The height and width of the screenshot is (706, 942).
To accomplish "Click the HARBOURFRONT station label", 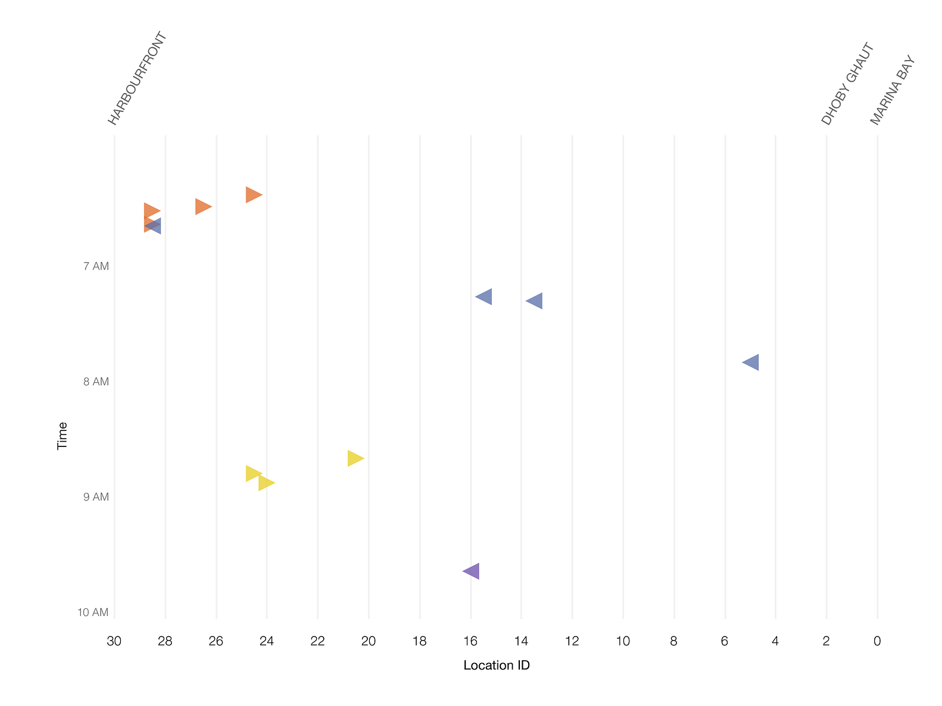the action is click(x=137, y=78).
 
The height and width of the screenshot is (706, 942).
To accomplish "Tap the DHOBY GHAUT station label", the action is click(x=846, y=83).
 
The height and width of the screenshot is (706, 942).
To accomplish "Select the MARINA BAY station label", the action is click(x=892, y=90).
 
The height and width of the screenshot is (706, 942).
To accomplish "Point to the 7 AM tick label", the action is click(x=96, y=266).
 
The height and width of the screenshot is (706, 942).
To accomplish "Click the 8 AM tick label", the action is click(x=96, y=382).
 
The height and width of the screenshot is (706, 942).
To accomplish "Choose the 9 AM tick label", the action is click(x=96, y=496).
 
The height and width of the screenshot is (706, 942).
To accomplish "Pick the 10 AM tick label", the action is click(x=92, y=612).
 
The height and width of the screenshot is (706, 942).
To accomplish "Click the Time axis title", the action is click(x=62, y=436).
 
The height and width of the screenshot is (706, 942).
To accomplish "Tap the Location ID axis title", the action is click(x=496, y=665).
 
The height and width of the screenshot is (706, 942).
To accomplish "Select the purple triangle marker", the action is click(x=473, y=571).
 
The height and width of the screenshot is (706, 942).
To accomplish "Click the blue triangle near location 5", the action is click(x=752, y=362).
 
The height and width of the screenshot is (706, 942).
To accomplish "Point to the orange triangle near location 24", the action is click(x=253, y=195).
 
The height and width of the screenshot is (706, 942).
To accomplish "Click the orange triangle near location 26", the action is click(x=202, y=207).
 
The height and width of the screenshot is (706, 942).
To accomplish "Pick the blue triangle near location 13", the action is click(x=536, y=301).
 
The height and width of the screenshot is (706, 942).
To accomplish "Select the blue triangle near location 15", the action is click(x=485, y=297).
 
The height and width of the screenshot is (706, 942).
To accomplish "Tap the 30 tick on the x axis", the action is click(x=114, y=641).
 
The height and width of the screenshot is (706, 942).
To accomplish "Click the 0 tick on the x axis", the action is click(x=877, y=641).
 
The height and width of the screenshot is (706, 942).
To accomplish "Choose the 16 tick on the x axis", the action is click(x=470, y=641).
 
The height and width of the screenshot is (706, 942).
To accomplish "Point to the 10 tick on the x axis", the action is click(x=623, y=641).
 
